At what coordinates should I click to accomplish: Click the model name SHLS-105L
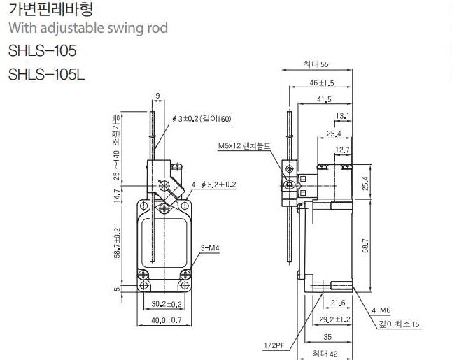(x=46, y=73)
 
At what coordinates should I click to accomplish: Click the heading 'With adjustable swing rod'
(x=87, y=29)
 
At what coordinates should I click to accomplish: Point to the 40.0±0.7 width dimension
(x=167, y=320)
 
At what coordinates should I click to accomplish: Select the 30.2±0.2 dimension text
(x=167, y=304)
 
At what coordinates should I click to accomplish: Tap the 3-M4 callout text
(x=209, y=247)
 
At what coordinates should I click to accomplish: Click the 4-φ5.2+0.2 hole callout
(x=215, y=185)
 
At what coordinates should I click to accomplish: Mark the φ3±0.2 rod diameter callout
(x=204, y=120)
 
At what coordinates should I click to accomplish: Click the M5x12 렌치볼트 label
(x=244, y=146)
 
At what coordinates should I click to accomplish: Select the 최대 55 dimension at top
(x=316, y=64)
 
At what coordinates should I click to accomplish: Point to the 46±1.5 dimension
(x=322, y=82)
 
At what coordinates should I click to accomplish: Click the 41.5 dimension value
(x=324, y=100)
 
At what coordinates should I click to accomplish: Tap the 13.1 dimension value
(x=343, y=115)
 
